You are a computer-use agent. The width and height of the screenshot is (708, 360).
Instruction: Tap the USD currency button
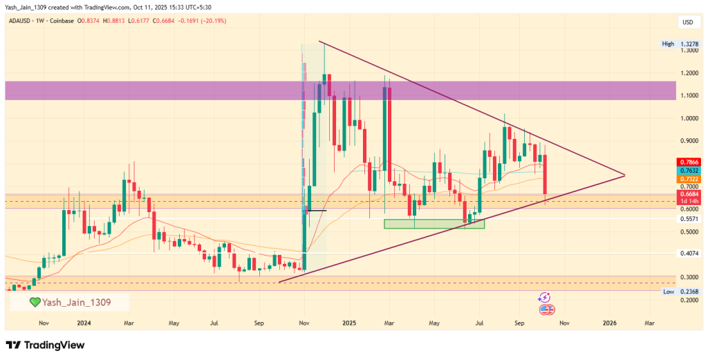688,22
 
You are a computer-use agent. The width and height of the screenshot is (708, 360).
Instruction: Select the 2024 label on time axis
84,323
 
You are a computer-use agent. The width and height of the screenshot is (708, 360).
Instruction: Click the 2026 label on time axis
610,323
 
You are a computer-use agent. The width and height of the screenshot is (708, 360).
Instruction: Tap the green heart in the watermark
35,302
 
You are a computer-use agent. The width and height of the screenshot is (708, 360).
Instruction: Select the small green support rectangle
434,224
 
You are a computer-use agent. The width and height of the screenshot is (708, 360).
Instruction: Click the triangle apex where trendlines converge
624,175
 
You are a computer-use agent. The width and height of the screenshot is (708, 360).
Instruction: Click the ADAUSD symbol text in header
21,21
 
